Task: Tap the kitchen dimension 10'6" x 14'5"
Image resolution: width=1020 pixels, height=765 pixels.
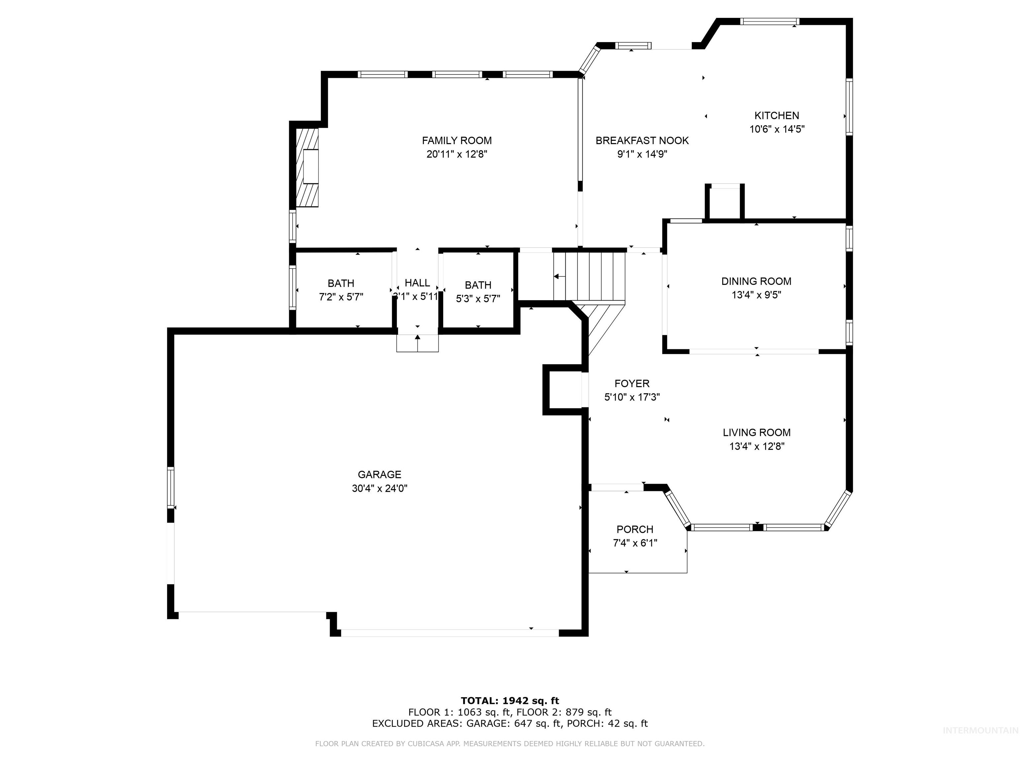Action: pos(777,129)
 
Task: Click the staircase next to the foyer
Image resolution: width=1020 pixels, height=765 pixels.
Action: pos(590,277)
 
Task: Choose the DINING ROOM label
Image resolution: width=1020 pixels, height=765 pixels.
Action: pos(756,281)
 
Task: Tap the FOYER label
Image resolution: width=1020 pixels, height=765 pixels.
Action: pos(632,383)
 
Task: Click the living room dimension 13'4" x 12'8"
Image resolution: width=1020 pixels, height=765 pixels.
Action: pos(757,446)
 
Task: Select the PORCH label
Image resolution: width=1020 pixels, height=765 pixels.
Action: pos(635,529)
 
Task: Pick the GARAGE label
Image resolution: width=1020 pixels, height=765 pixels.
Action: pos(380,474)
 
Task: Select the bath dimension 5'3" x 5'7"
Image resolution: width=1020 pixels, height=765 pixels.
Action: pos(478,299)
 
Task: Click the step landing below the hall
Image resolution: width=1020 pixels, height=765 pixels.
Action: pos(417,344)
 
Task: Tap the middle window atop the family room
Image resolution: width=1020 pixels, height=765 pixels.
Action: pos(457,74)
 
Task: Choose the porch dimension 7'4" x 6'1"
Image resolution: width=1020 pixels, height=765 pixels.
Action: pos(635,543)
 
